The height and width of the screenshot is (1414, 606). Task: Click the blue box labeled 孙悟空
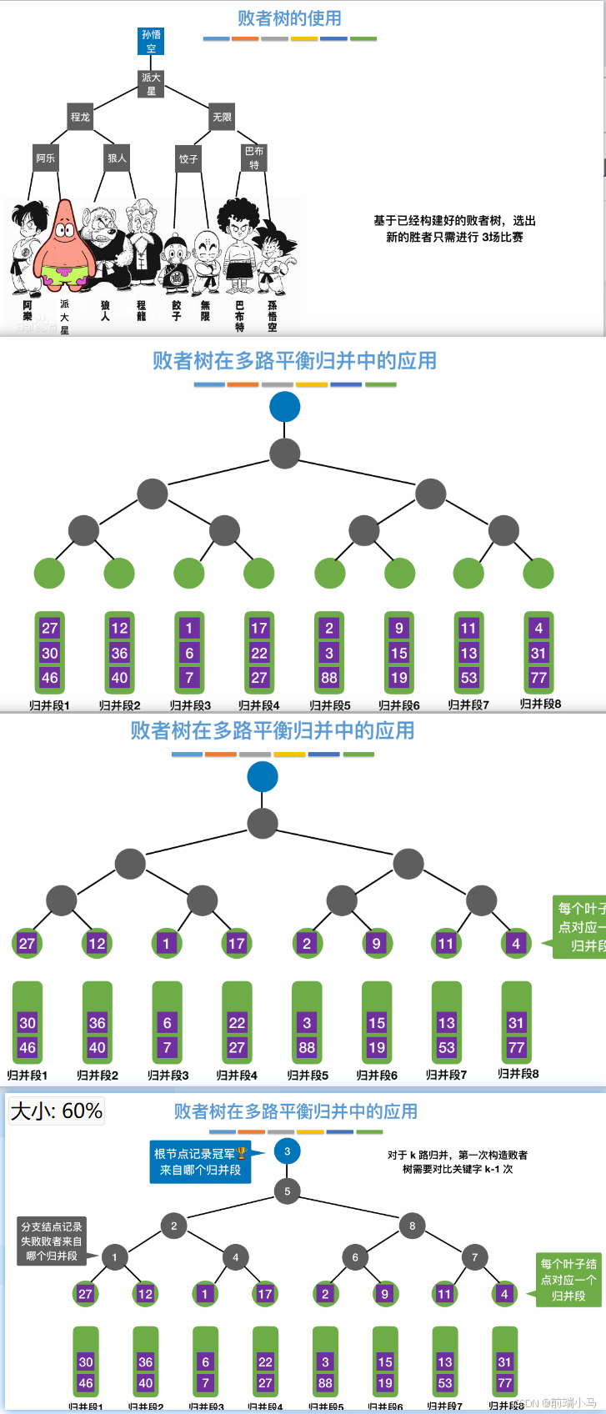coord(151,42)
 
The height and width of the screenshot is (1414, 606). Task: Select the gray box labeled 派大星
coord(151,83)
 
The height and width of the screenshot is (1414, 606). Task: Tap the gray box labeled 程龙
coord(80,118)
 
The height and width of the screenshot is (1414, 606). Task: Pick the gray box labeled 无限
coord(223,118)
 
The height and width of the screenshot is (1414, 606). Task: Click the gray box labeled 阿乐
coord(46,158)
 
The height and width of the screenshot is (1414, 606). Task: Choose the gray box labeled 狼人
coord(117,158)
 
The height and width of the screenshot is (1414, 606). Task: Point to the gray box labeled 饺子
coord(188,158)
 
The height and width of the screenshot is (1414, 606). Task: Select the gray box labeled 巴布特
coord(254,158)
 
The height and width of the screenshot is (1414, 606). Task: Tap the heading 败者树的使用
coord(289,18)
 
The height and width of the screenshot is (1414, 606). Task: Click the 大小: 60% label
coord(57,1111)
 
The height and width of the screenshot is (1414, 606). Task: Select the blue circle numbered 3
coord(288,1151)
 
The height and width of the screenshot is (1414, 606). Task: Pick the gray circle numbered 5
coord(288,1191)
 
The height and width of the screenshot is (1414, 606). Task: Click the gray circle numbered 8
coord(413,1226)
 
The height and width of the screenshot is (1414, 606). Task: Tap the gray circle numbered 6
coord(355,1257)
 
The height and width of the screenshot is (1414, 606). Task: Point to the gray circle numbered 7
coord(475,1257)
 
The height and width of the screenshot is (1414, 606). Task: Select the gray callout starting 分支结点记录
coord(52,1241)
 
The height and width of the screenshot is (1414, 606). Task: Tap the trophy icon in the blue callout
coord(242,1153)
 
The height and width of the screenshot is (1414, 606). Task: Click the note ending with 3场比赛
coord(454,228)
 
